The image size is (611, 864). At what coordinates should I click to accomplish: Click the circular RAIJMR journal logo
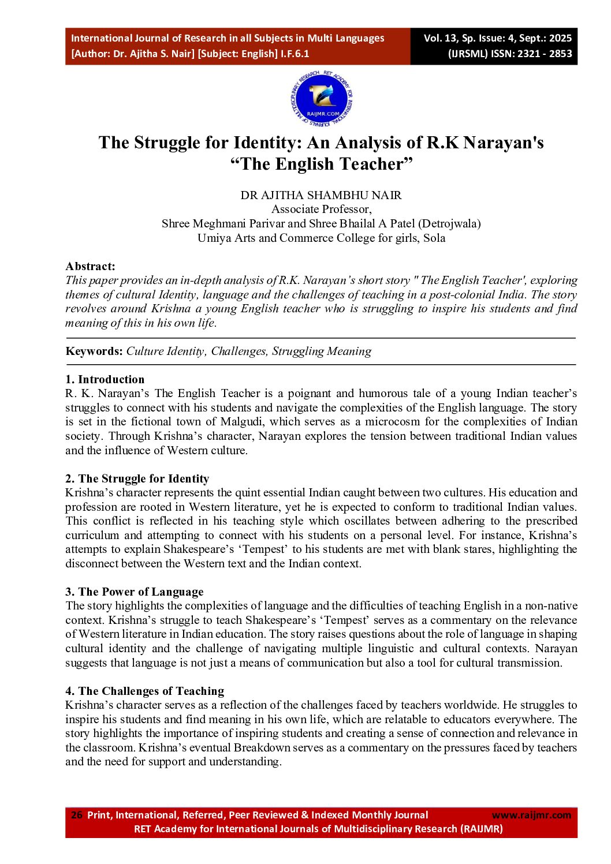point(321,99)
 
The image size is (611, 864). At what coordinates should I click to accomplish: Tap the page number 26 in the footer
point(76,815)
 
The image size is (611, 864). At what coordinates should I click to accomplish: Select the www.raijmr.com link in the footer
point(531,815)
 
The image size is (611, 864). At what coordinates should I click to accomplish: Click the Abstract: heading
point(90,266)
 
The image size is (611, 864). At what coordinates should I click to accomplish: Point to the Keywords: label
point(94,351)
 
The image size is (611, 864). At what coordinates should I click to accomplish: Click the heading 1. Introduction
point(105,379)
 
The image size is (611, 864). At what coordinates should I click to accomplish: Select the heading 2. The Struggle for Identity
point(137,478)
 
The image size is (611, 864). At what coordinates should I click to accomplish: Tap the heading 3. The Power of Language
point(134,592)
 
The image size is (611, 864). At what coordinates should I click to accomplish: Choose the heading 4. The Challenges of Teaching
point(144,691)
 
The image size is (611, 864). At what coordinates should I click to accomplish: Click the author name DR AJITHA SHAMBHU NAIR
point(321,195)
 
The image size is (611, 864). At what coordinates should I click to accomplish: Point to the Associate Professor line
point(321,209)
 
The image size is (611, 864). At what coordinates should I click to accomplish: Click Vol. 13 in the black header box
point(440,38)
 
